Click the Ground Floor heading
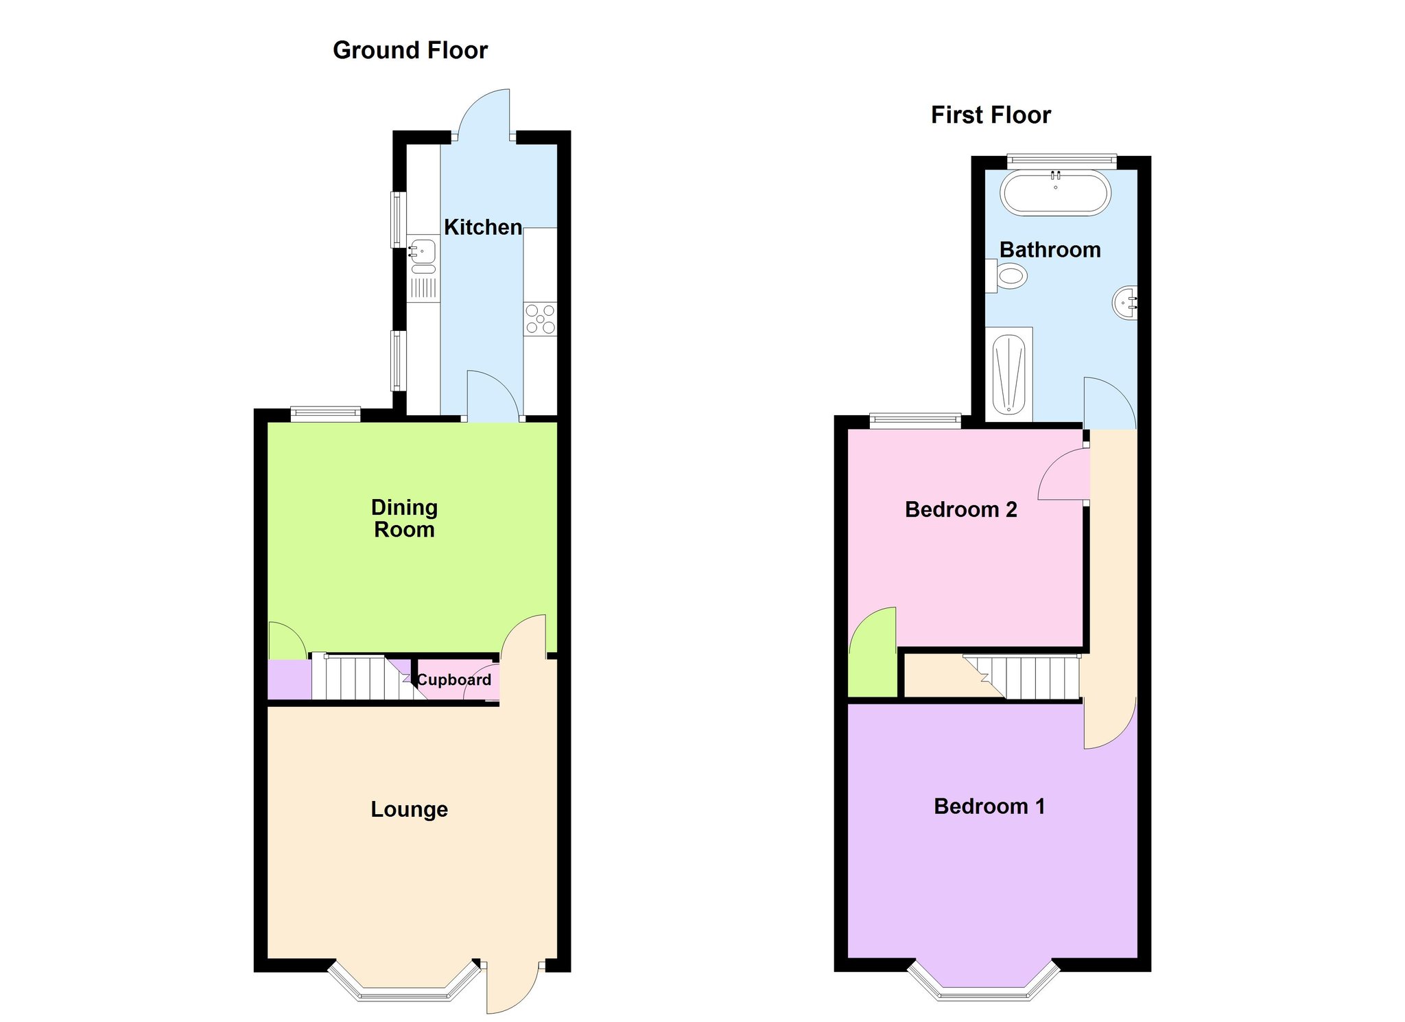(x=410, y=51)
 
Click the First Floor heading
(x=991, y=115)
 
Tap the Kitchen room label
(x=483, y=227)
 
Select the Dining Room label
(x=404, y=518)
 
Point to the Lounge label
(x=409, y=809)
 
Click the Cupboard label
(x=454, y=680)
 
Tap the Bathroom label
(x=1050, y=250)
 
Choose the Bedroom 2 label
(x=960, y=509)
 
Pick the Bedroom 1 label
(x=989, y=806)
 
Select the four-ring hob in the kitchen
(x=541, y=319)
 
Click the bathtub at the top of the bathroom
(x=1055, y=193)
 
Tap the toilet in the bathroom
(x=1006, y=277)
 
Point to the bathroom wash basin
(x=1125, y=302)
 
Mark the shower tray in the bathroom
(x=1008, y=373)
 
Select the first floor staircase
(x=1022, y=677)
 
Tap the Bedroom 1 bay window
(x=984, y=983)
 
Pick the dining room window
(x=325, y=413)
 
